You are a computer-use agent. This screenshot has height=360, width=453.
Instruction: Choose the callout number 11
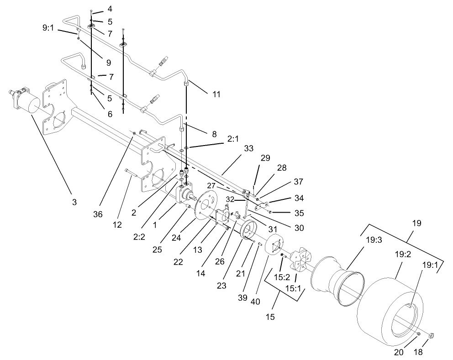click(x=216, y=94)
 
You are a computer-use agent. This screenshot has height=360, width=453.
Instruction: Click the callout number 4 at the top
click(x=109, y=9)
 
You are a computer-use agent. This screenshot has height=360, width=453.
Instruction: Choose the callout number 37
click(x=299, y=182)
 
